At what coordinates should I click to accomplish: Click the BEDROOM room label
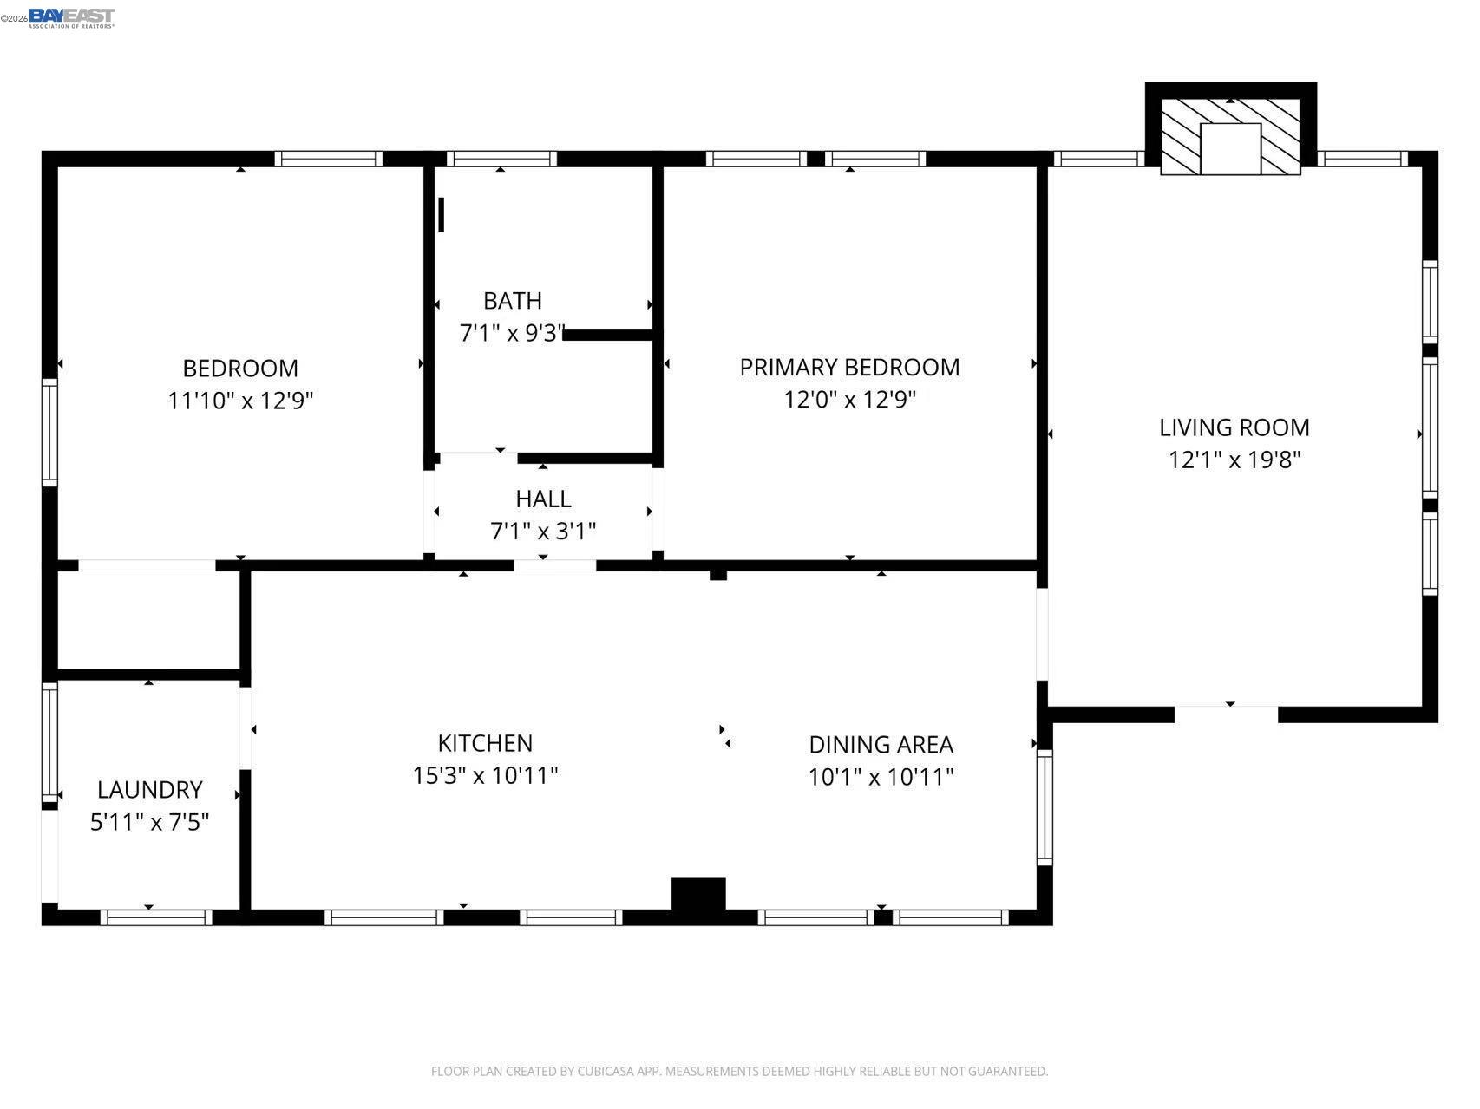point(240,369)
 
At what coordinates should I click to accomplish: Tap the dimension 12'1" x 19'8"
point(1234,460)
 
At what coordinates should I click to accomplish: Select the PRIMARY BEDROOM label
point(849,368)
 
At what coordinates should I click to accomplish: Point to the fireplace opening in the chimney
point(1230,148)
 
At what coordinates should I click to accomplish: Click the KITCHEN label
point(485,743)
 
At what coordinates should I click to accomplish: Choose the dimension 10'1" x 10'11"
point(881,777)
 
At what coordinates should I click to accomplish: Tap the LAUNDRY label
point(149,790)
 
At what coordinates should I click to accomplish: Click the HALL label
point(543,499)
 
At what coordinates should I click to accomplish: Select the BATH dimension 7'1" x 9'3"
point(512,333)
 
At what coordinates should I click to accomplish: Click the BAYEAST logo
point(71,16)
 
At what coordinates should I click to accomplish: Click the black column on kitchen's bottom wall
point(698,894)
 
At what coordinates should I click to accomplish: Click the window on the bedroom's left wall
point(49,432)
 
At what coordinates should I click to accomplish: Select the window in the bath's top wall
point(501,159)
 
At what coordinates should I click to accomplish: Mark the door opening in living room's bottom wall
point(1226,714)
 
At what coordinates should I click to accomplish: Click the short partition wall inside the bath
point(607,335)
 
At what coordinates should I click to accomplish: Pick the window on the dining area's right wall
point(1045,807)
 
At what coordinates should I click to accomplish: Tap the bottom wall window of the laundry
point(156,917)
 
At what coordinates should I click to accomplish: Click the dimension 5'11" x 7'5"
point(149,822)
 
